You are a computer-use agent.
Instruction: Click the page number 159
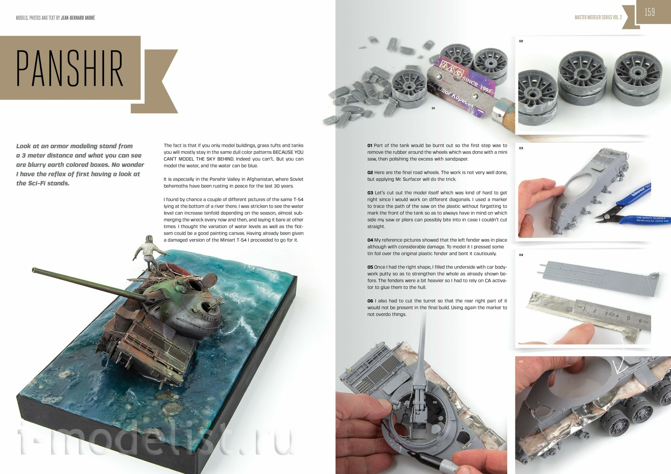point(650,12)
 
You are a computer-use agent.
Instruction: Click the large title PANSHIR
point(69,68)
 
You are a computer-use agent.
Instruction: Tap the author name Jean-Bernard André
point(78,18)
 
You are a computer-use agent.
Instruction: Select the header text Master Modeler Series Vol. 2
point(598,18)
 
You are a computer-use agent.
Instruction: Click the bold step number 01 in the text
point(370,145)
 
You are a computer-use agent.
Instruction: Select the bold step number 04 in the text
point(370,240)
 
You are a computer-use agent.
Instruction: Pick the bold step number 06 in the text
point(370,301)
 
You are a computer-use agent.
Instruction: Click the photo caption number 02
point(521,41)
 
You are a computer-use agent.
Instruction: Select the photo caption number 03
point(521,148)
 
